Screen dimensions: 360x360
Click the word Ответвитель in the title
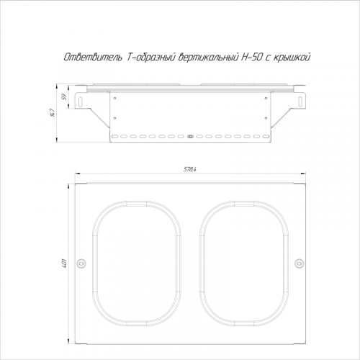pyautogui.click(x=93, y=58)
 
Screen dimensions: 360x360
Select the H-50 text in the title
pyautogui.click(x=253, y=58)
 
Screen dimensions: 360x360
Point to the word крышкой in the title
pyautogui.click(x=293, y=58)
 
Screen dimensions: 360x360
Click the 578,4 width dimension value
pyautogui.click(x=190, y=169)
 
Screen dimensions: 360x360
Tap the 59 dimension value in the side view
pyautogui.click(x=64, y=97)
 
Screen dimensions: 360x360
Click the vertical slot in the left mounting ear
pyautogui.click(x=81, y=100)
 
